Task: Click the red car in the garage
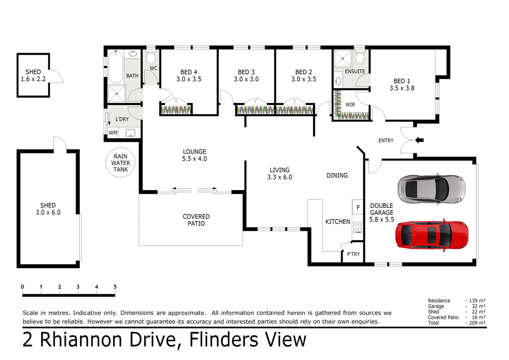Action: click(432, 235)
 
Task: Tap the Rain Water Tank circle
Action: click(120, 163)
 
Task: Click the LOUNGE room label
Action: click(195, 155)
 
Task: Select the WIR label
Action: click(350, 105)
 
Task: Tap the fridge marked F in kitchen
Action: click(358, 208)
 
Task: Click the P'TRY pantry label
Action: click(353, 254)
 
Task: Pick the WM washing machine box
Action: click(113, 133)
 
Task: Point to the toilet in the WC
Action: click(151, 59)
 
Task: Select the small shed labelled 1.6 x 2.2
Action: click(33, 75)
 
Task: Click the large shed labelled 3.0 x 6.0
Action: click(48, 209)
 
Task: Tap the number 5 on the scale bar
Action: click(115, 287)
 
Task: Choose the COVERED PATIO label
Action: click(196, 220)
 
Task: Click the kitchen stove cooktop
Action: click(358, 226)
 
